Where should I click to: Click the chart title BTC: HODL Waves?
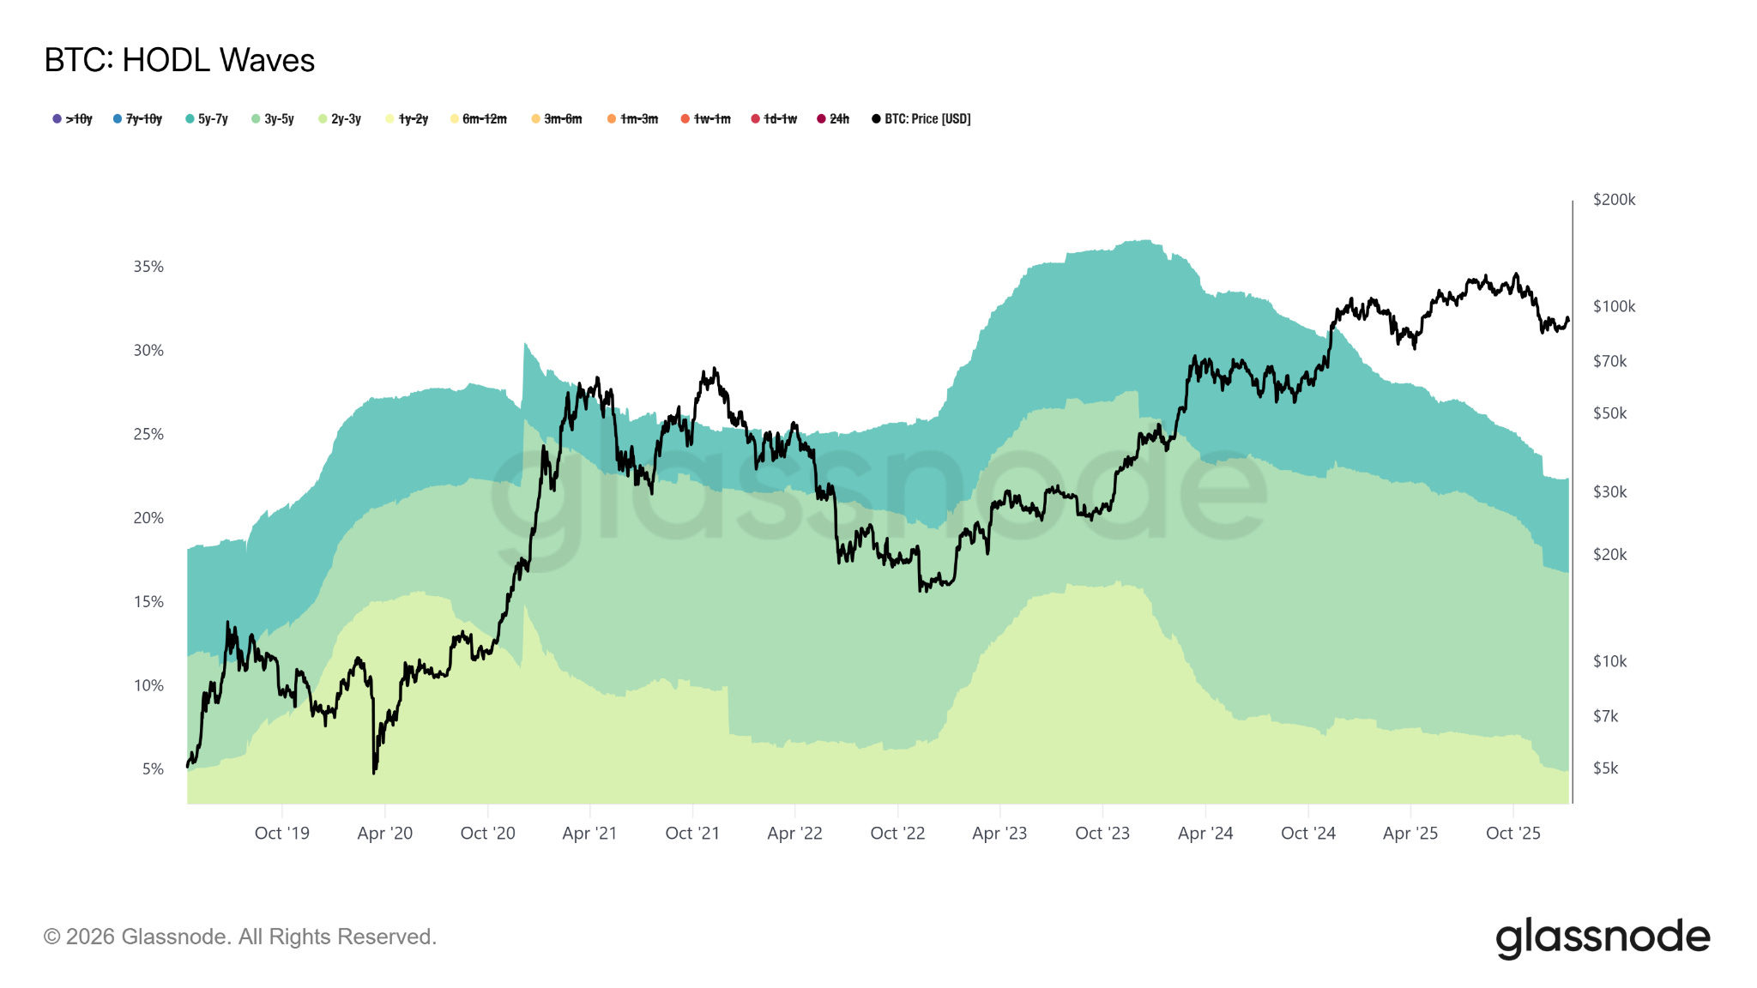point(179,60)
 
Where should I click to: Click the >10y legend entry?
point(73,119)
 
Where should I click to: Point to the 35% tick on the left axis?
point(148,267)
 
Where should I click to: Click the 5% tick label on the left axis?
point(153,769)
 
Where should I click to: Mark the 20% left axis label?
point(148,518)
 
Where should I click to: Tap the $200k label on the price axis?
point(1614,200)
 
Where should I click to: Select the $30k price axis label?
point(1609,492)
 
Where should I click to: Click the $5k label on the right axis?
point(1605,768)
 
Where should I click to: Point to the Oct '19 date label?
point(281,834)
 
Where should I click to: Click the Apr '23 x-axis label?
point(999,834)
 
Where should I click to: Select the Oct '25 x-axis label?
point(1512,834)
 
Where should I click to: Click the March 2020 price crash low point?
point(374,772)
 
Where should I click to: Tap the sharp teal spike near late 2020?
point(524,345)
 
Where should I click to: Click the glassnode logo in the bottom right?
point(1602,937)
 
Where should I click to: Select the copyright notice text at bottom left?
point(240,937)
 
